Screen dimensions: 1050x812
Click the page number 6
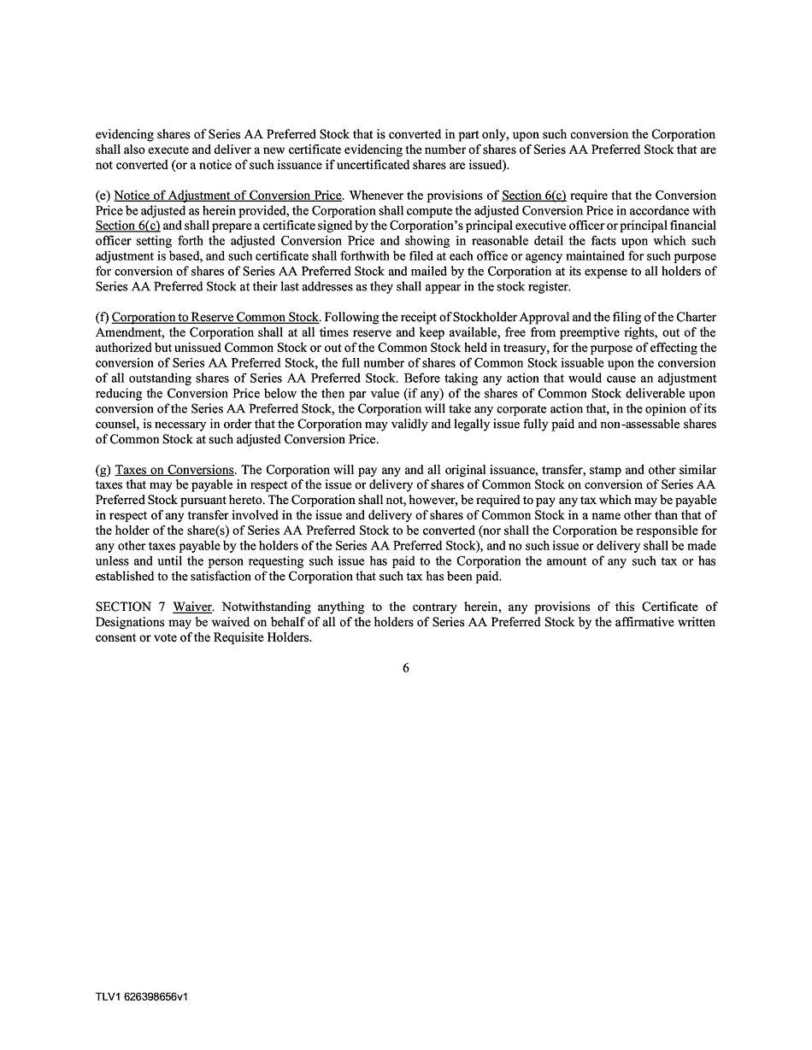[405, 668]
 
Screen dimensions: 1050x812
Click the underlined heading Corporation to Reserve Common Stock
[215, 318]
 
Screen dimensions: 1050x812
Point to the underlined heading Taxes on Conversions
[175, 470]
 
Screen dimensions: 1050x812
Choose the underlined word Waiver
[192, 607]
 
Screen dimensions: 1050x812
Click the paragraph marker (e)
[103, 196]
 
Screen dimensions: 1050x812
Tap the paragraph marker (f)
[102, 318]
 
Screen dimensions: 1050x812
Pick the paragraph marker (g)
[103, 470]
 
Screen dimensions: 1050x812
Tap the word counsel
[119, 425]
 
